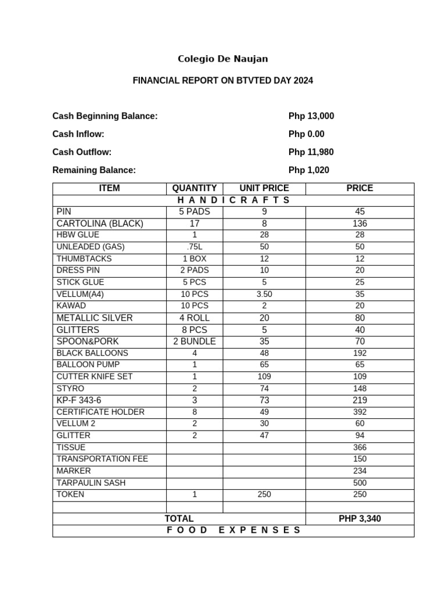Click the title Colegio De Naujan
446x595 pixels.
click(222, 59)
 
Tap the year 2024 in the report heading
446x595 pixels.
click(303, 81)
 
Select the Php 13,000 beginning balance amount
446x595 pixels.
click(311, 116)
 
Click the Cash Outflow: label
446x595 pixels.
click(82, 152)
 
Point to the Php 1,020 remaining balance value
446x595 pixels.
click(308, 170)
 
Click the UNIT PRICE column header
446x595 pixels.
click(264, 188)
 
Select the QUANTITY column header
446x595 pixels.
click(195, 188)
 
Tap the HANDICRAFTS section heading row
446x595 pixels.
click(233, 200)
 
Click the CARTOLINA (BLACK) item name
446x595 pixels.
click(100, 224)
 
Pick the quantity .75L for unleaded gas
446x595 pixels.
click(195, 247)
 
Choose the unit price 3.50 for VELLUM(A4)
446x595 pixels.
click(264, 294)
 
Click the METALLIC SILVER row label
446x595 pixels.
click(95, 318)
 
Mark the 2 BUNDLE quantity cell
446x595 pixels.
click(195, 342)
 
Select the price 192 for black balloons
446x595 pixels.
click(359, 353)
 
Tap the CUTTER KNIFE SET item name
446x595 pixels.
click(94, 377)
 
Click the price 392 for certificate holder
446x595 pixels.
click(359, 412)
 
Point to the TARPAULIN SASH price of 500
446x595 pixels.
click(359, 483)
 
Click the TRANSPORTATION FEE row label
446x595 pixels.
click(102, 459)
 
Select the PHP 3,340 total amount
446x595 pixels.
click(359, 519)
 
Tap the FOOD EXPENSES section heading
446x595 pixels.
click(233, 531)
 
